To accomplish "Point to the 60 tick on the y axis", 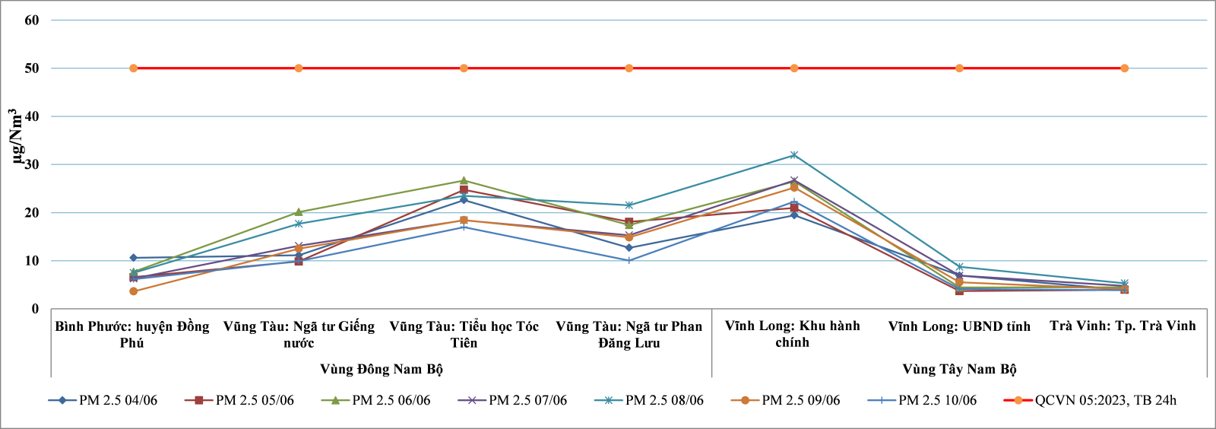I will (x=32, y=21).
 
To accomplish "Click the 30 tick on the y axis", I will (x=32, y=164).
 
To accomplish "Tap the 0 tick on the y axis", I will (x=35, y=309).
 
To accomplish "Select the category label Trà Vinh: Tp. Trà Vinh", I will (x=1123, y=326).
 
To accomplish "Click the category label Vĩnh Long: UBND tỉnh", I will (x=959, y=326).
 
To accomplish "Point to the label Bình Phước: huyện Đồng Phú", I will (x=132, y=335).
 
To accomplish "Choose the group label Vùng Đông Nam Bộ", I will (x=381, y=369).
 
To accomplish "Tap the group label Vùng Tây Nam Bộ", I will (x=959, y=369).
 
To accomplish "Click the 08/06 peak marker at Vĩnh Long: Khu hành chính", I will (x=794, y=155).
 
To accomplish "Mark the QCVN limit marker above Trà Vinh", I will (x=1124, y=68).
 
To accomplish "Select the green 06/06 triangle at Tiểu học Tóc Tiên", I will (x=464, y=181).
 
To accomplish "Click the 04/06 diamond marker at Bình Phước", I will (x=133, y=258).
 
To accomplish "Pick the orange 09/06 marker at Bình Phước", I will (x=133, y=291).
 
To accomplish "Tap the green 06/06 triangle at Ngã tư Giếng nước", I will (x=299, y=212).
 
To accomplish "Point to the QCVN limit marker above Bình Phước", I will (x=133, y=68).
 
